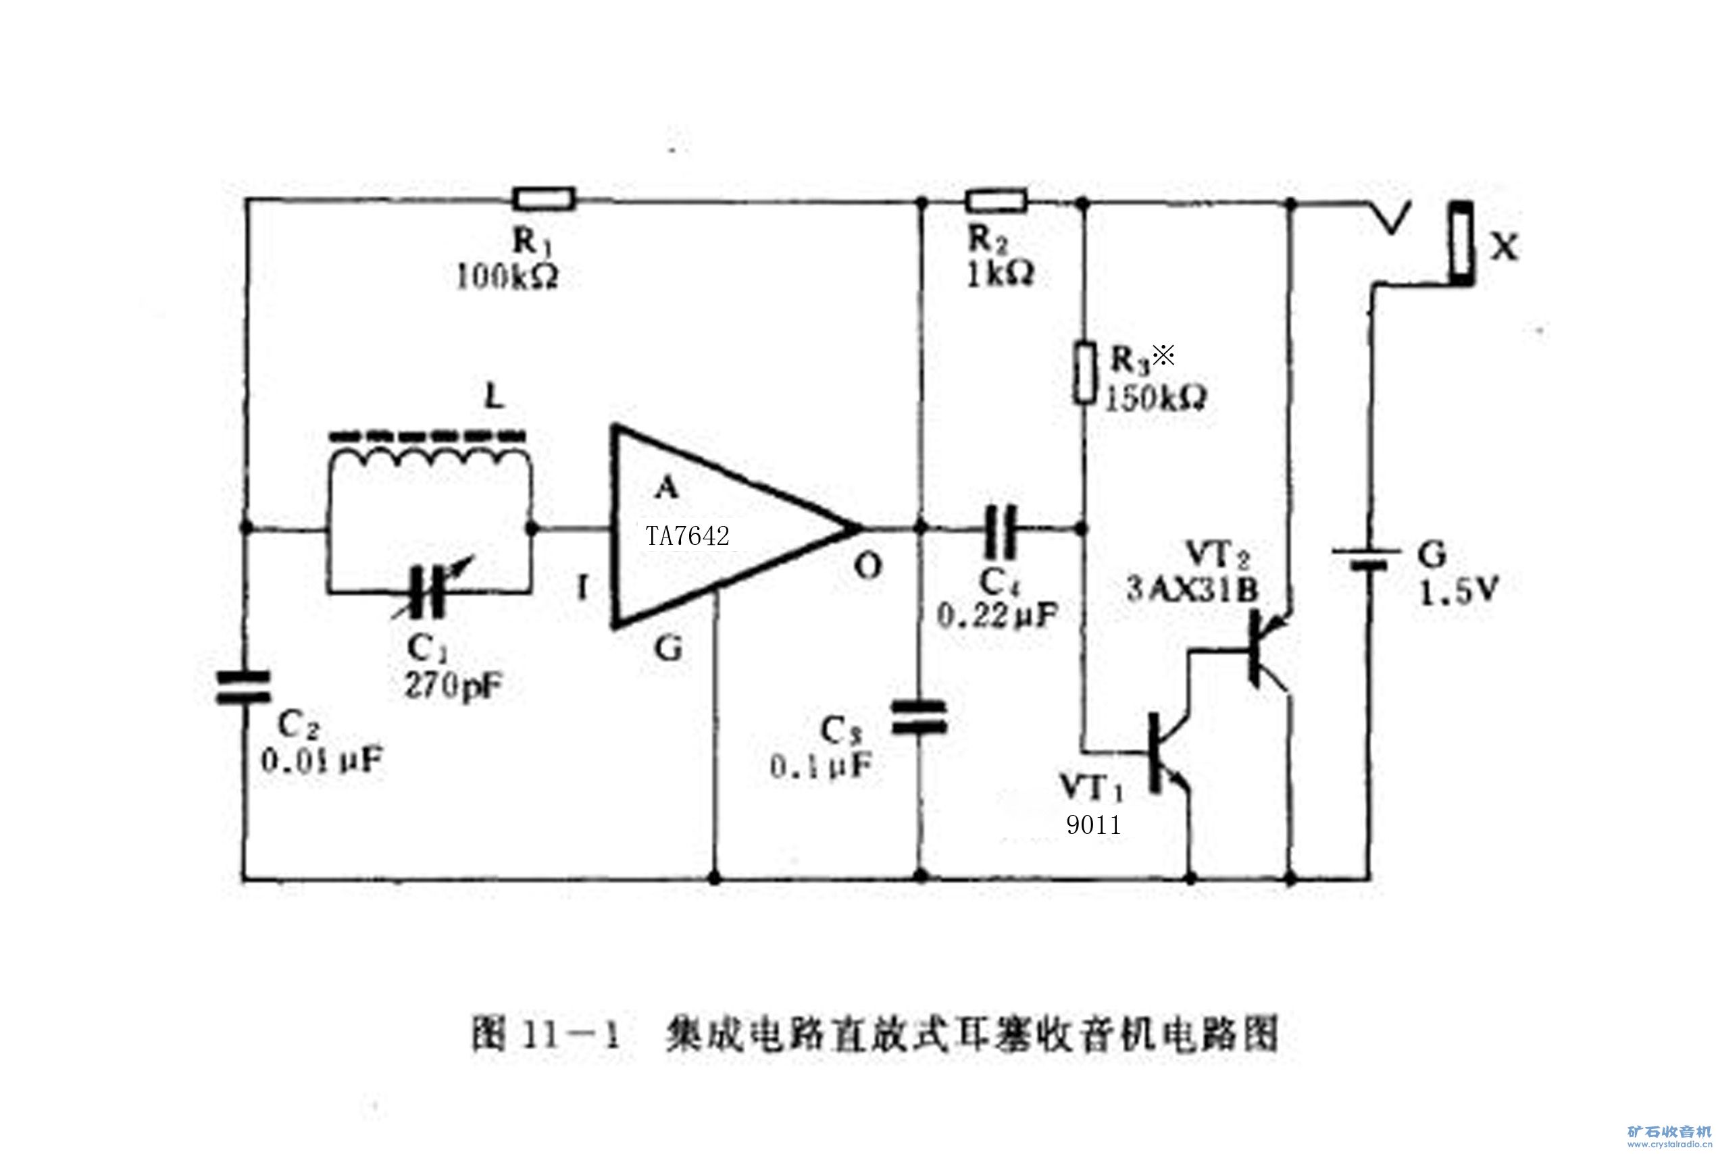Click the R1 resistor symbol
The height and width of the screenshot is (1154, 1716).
coord(544,199)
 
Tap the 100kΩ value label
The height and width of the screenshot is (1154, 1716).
coord(507,277)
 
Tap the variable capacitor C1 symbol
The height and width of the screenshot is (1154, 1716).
coord(429,591)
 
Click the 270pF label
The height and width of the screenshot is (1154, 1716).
coord(452,686)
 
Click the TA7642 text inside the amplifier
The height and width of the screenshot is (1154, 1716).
coord(687,535)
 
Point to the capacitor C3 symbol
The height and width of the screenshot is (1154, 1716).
coord(919,718)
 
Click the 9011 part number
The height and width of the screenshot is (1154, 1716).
coord(1093,825)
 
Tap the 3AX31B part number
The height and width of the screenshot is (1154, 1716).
coord(1192,589)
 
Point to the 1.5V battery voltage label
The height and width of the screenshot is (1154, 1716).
coord(1459,590)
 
